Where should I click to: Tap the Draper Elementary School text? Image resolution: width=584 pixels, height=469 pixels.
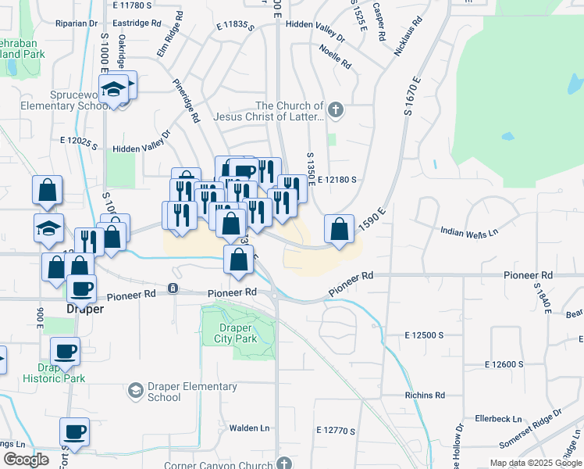click(192, 392)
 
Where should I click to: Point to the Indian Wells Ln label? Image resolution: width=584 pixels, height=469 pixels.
click(469, 232)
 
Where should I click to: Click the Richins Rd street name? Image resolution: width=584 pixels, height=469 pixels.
click(425, 396)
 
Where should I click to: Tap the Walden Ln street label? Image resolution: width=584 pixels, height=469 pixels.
click(249, 428)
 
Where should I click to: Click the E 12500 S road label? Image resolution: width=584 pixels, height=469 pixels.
click(424, 335)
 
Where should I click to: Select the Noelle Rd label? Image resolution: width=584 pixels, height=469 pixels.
click(335, 55)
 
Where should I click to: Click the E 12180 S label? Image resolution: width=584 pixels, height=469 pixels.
click(337, 179)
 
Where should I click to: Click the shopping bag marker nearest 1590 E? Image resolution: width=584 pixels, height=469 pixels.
click(340, 230)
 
